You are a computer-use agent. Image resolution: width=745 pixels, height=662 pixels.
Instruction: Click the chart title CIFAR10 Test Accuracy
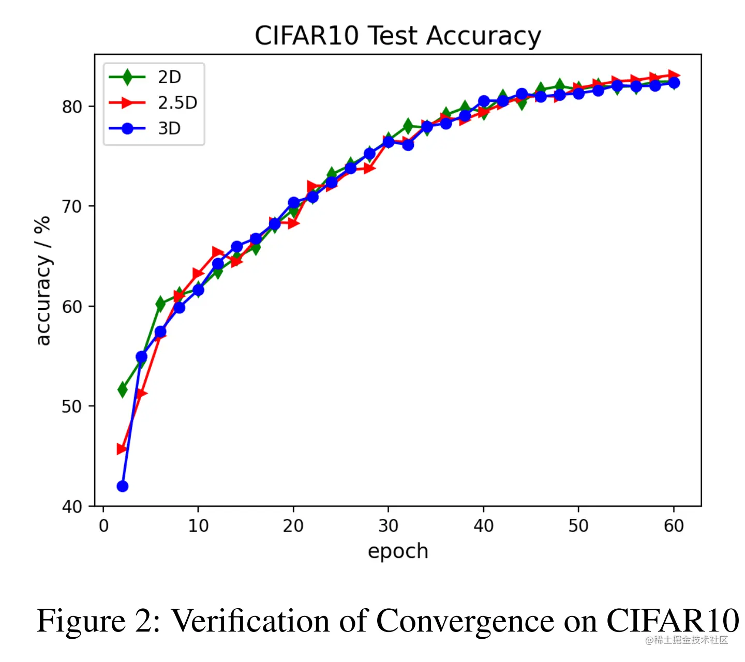click(x=398, y=36)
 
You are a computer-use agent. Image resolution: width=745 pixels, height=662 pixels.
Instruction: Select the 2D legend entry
click(x=169, y=77)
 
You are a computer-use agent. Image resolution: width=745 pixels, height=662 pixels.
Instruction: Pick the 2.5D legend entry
click(x=177, y=103)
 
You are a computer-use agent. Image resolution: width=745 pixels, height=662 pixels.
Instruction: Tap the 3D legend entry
click(x=169, y=128)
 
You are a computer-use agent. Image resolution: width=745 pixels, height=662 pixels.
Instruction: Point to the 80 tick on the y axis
click(x=72, y=107)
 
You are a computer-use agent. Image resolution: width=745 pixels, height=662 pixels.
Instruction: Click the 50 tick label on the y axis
click(x=72, y=407)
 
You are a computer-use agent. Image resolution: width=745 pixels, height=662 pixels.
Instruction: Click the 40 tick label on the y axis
click(x=72, y=506)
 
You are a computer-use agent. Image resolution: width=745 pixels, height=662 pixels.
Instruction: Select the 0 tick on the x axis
click(x=103, y=526)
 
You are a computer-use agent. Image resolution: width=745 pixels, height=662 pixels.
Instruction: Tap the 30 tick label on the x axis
click(x=388, y=526)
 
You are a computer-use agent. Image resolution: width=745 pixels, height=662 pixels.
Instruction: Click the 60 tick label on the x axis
click(x=674, y=526)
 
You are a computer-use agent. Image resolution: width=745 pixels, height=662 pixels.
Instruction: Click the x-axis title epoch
click(x=398, y=551)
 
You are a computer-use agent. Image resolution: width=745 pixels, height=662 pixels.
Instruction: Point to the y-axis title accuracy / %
click(x=42, y=280)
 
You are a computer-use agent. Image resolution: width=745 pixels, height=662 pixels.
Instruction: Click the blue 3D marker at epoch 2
click(x=123, y=486)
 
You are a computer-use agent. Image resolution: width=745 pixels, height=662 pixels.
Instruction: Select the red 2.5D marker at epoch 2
click(x=122, y=449)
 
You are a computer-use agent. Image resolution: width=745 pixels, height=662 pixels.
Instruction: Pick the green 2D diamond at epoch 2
click(x=123, y=389)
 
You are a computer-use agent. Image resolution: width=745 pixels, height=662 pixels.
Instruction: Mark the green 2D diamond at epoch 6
click(x=160, y=304)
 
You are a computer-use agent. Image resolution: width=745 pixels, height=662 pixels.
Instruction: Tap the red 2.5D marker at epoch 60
click(x=674, y=76)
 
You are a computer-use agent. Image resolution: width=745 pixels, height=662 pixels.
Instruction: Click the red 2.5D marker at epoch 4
click(x=141, y=394)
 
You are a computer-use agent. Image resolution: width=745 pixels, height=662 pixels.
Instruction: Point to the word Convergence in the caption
click(x=465, y=621)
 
